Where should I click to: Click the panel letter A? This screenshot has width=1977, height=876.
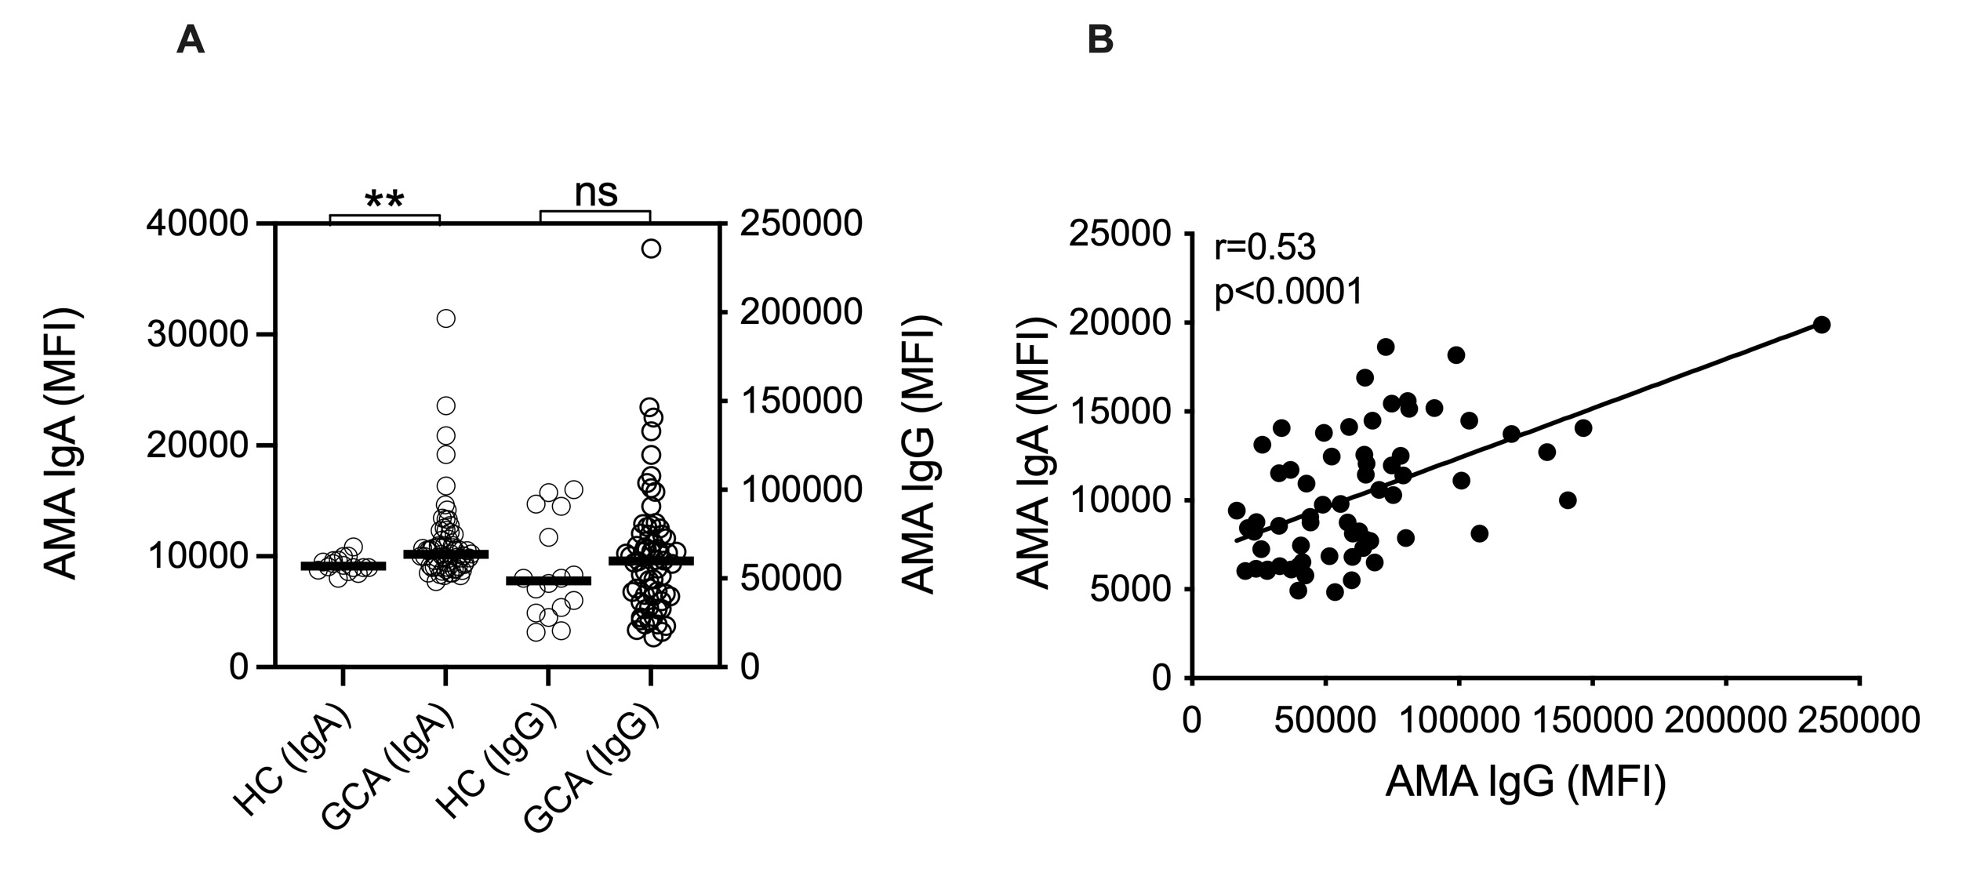click(191, 40)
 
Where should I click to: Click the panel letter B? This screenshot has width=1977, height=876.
click(1100, 40)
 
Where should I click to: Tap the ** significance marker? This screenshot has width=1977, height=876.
click(384, 201)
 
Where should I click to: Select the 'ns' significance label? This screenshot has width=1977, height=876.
click(596, 193)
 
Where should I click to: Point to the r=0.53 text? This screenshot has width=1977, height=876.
click(1265, 249)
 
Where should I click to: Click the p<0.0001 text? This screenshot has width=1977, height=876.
click(1288, 293)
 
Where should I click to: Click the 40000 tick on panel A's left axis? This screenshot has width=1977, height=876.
click(208, 224)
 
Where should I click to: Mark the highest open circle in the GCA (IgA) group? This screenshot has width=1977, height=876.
click(446, 318)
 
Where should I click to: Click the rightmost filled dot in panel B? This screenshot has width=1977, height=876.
click(1822, 325)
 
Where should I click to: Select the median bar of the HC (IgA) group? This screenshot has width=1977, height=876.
click(343, 566)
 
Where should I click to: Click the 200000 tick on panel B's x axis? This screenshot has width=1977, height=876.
click(1724, 720)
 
